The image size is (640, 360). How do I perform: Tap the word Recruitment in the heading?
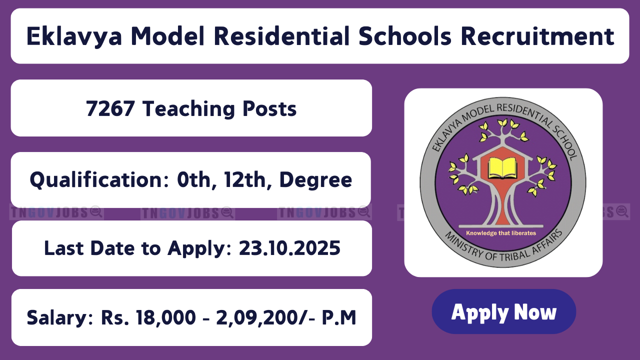(537, 36)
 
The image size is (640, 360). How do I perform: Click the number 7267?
(110, 108)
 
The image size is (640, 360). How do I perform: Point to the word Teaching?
(189, 109)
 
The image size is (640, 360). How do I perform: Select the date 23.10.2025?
(289, 248)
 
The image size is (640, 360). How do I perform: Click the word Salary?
(60, 318)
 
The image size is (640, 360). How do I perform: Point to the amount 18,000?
(165, 318)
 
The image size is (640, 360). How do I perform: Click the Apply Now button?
(503, 311)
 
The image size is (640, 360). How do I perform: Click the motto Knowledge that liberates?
(501, 233)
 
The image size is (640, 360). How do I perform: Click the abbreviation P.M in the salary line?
(339, 317)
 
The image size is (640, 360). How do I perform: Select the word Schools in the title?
(405, 36)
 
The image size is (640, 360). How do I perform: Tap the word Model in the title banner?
(167, 36)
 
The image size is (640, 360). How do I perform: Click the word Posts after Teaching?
(269, 109)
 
